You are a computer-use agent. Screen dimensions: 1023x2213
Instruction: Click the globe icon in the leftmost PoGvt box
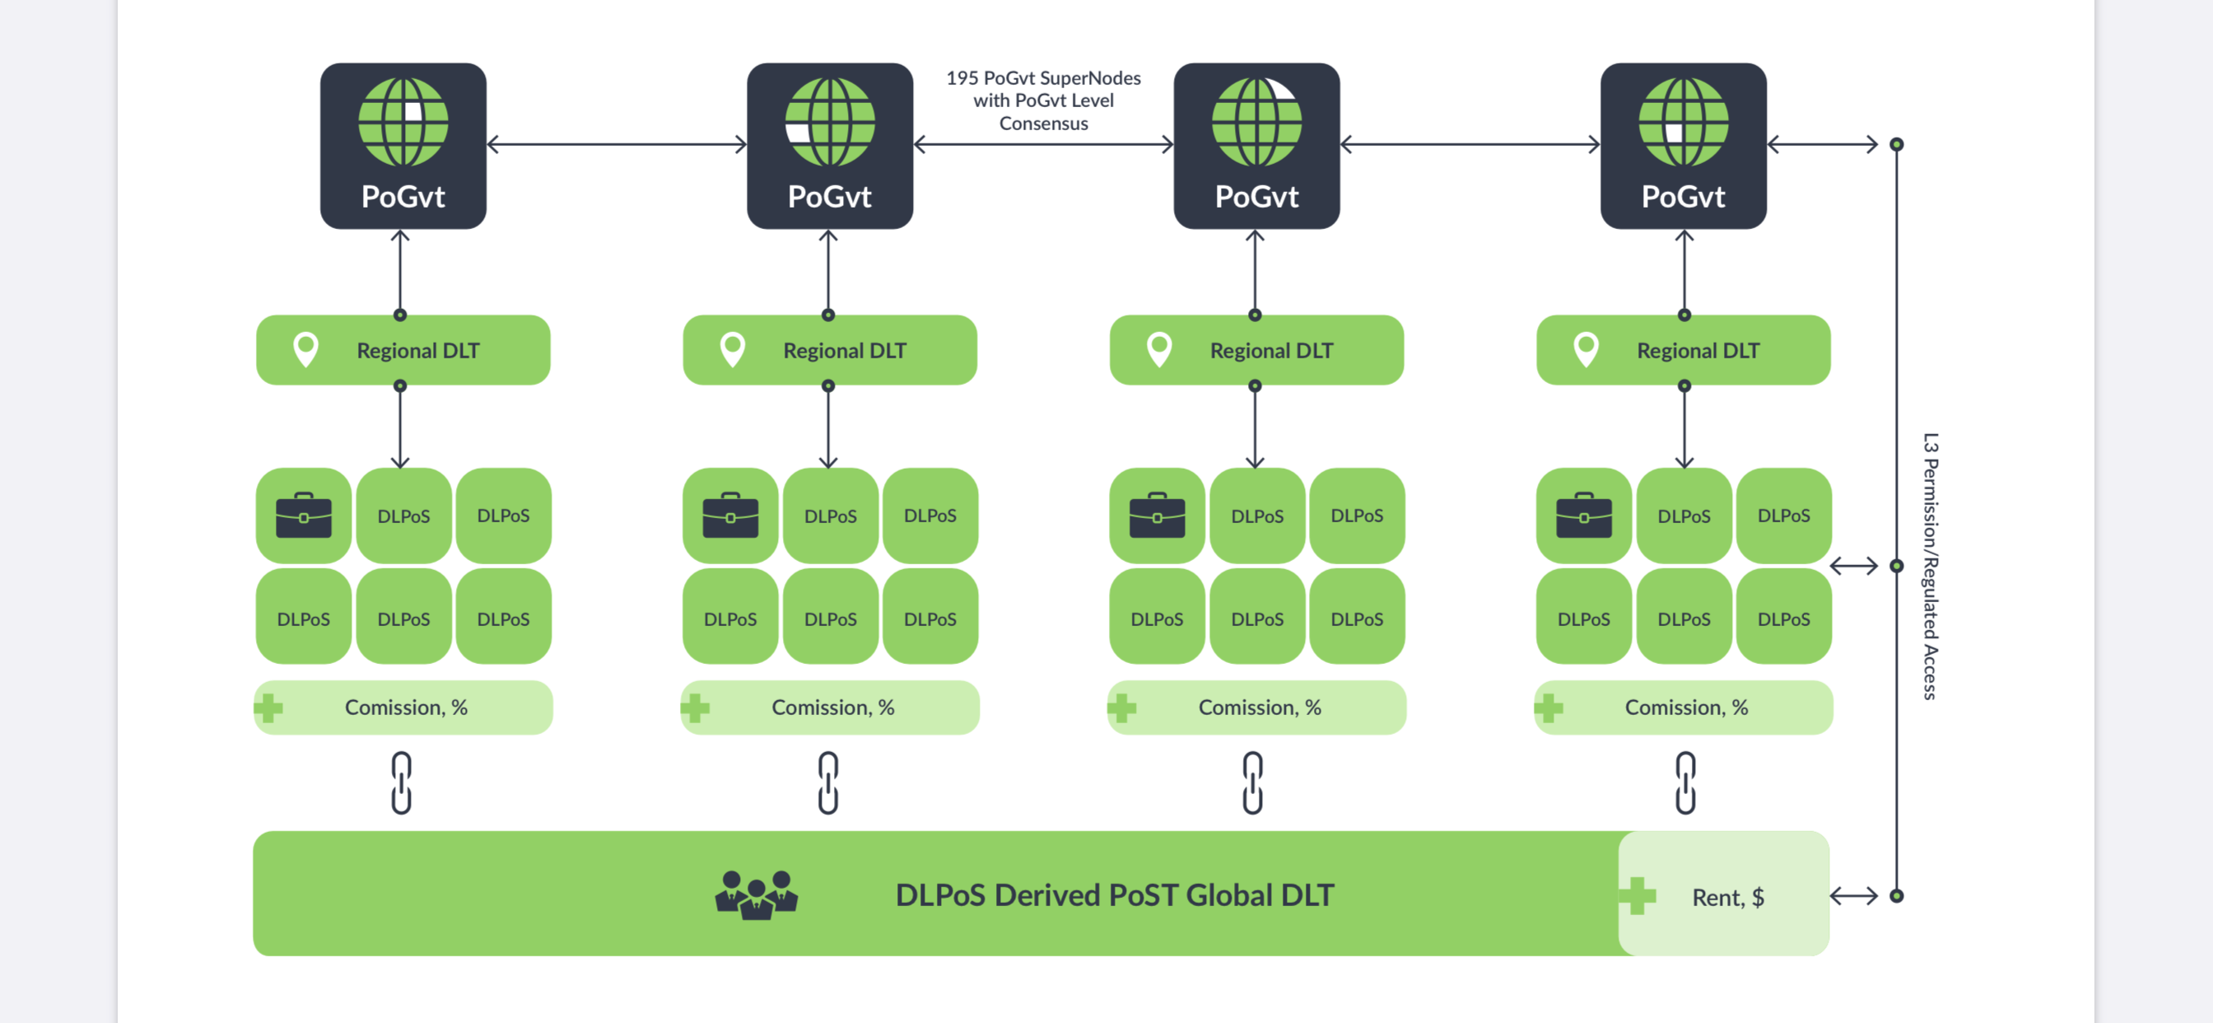point(403,121)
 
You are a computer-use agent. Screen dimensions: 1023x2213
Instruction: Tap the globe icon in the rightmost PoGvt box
point(1683,121)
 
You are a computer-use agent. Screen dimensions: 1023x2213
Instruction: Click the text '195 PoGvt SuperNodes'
point(1043,78)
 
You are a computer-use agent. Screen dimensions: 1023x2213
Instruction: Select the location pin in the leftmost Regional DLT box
point(305,350)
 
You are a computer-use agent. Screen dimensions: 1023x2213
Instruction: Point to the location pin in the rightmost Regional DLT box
point(1586,350)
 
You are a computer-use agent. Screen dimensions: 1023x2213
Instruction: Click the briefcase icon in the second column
point(730,515)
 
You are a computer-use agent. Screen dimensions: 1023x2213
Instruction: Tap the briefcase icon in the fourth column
point(1583,515)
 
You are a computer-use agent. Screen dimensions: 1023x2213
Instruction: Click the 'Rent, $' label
point(1727,897)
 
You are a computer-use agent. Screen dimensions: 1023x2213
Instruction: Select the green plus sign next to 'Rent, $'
point(1637,896)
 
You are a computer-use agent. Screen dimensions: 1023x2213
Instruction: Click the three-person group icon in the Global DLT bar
point(756,895)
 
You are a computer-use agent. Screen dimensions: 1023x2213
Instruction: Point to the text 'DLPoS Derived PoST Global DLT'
point(1114,895)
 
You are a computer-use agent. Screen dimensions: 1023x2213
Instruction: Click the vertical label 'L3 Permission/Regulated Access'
point(1931,566)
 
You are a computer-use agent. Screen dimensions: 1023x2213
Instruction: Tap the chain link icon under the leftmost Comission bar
point(401,782)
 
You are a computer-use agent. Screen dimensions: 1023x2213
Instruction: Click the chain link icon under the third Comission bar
point(1252,782)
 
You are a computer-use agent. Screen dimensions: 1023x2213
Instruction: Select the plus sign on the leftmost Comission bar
point(269,708)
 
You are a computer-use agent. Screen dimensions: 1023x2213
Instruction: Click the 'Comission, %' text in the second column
point(832,708)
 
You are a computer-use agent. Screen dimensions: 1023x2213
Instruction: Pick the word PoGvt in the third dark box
point(1256,197)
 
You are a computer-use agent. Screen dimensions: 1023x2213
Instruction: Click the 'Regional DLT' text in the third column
point(1271,351)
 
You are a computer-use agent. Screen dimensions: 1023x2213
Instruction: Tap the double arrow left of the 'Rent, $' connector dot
point(1853,896)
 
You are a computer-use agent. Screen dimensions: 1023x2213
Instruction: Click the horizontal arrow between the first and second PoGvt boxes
point(616,144)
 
